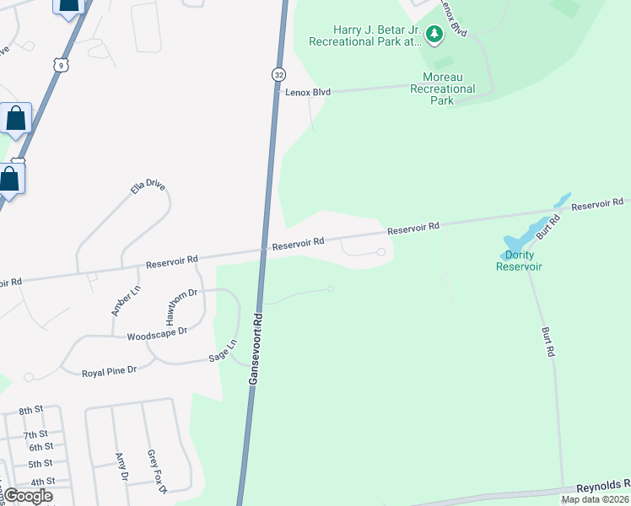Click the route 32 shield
click(278, 74)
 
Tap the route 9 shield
click(58, 64)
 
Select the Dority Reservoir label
click(519, 261)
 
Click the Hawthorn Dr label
click(181, 307)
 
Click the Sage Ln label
click(224, 351)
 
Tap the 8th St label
click(31, 410)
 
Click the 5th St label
click(40, 464)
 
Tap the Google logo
click(28, 496)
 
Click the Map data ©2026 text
click(595, 499)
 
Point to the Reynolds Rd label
click(603, 487)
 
